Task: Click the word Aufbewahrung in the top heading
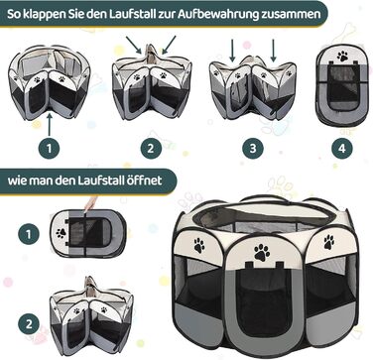[215, 14]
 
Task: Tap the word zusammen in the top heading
[288, 14]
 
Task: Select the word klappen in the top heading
[44, 14]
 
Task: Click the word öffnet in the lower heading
[144, 180]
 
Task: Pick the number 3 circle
[253, 148]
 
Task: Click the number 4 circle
[342, 148]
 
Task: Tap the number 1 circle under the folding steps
[50, 148]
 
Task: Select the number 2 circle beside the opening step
[29, 324]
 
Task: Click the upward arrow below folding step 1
[50, 124]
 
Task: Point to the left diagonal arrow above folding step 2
[134, 46]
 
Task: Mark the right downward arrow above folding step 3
[273, 51]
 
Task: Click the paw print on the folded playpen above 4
[342, 56]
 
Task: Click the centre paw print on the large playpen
[262, 252]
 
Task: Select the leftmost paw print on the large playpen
[199, 246]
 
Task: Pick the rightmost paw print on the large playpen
[328, 242]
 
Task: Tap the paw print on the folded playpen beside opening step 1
[61, 233]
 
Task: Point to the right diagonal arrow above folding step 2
[169, 45]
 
